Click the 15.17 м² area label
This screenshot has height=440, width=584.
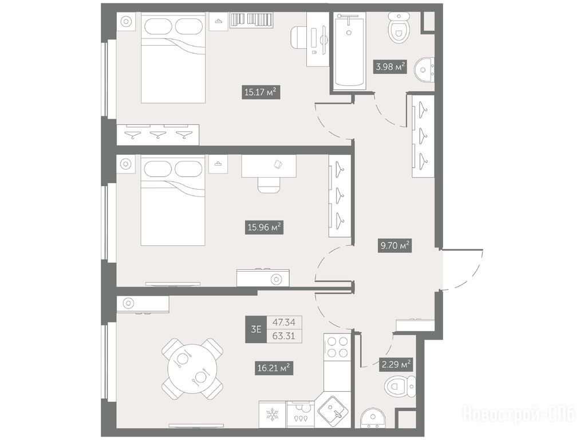point(261,92)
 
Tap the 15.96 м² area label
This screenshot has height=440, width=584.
point(264,227)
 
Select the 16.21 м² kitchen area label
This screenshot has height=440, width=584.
point(274,368)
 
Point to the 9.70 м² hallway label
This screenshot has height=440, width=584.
point(395,246)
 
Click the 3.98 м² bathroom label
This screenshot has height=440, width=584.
point(389,67)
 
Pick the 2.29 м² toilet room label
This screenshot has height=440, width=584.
point(396,364)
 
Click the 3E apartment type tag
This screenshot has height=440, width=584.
point(256,329)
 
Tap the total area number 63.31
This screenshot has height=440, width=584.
point(284,336)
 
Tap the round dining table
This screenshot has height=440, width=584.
point(192,369)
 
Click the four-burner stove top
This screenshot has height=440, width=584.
point(337,347)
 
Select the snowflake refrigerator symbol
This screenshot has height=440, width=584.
point(273,415)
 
